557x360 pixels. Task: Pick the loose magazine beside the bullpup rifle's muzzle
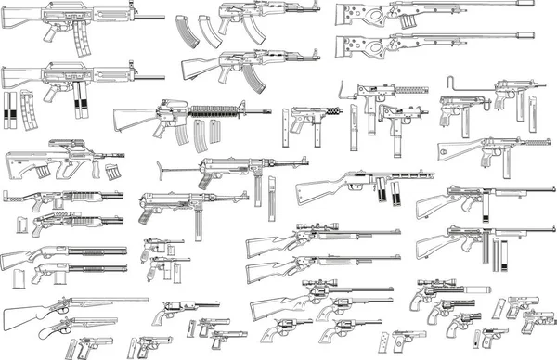(x=115, y=173)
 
